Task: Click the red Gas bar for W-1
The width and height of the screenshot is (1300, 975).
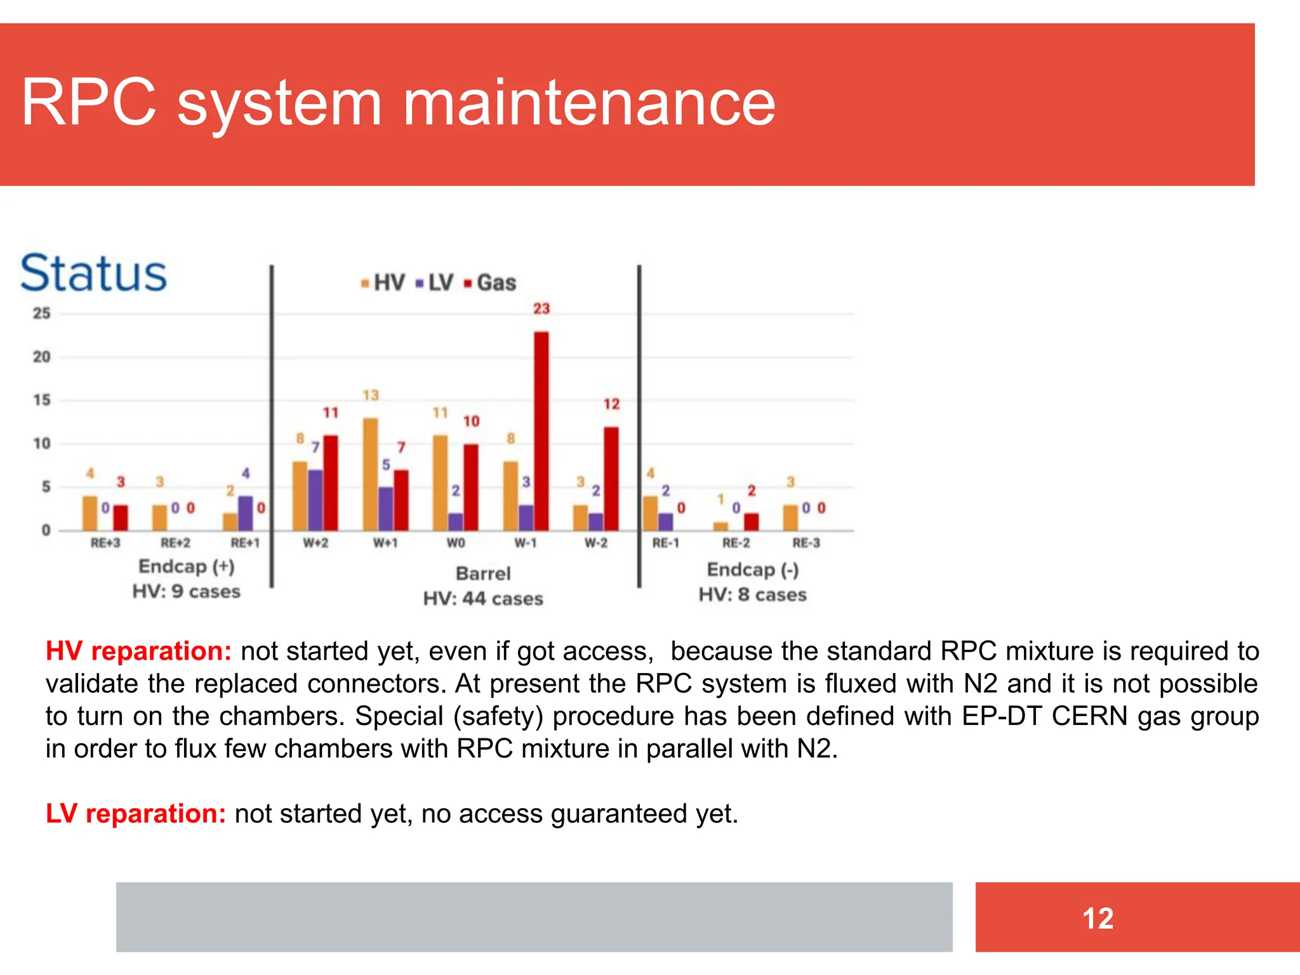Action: [541, 431]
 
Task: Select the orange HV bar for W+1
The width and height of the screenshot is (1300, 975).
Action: [370, 474]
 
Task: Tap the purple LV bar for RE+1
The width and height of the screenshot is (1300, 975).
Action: [246, 513]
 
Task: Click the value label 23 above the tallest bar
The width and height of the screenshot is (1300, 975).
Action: [541, 309]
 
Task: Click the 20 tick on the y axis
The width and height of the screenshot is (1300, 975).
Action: [42, 357]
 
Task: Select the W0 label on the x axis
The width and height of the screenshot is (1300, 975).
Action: [456, 543]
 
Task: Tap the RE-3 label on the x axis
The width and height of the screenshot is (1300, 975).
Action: [806, 543]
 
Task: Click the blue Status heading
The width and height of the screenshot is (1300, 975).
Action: [94, 273]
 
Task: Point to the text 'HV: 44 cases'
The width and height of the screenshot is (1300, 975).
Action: [483, 599]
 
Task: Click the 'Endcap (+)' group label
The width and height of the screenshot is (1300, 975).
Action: [187, 566]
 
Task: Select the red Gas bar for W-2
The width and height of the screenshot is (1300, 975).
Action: [611, 479]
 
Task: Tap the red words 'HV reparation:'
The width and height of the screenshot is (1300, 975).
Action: [138, 651]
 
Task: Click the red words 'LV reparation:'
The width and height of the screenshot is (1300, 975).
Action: [136, 814]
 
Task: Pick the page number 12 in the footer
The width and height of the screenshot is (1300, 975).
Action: [1098, 918]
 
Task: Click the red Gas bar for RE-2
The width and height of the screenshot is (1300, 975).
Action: [752, 522]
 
